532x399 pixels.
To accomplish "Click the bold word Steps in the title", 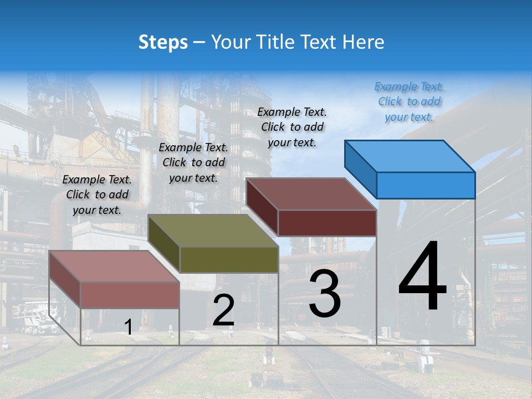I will coord(163,42).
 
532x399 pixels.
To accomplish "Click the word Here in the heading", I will coord(364,42).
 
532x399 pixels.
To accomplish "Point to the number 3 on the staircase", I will coord(324,294).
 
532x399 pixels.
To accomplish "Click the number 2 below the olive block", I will coord(223,310).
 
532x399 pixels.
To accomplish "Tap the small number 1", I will coord(128,327).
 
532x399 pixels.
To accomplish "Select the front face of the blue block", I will coord(426,185).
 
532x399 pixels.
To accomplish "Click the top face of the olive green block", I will coord(213,231).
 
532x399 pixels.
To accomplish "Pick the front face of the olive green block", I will coord(229,259).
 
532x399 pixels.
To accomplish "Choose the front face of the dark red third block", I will coord(327,223).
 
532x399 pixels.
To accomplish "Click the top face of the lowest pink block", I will coord(114,266).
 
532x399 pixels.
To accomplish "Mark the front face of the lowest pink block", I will coord(130,295).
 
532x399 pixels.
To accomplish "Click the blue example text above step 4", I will coord(409,101).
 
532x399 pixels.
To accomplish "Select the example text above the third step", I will coord(292,127).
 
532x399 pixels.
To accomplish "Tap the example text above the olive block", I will coord(193,162).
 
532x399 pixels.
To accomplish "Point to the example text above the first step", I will coord(97,195).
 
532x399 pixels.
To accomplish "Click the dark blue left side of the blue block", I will coord(360,168).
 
